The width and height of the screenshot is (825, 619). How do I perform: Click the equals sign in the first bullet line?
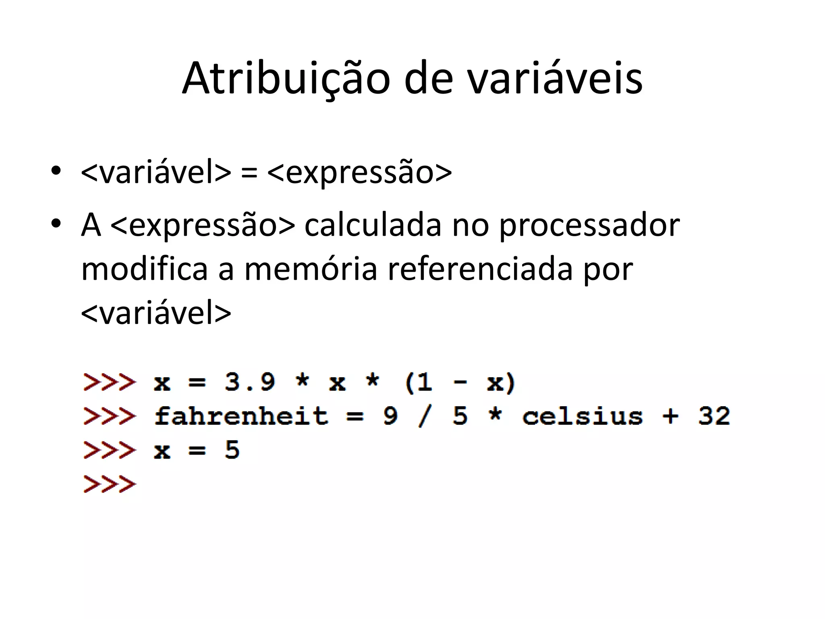[x=249, y=172]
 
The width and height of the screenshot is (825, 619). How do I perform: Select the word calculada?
[x=373, y=225]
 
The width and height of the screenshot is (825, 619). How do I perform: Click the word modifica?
[x=144, y=269]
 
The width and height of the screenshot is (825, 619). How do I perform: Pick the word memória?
[x=311, y=269]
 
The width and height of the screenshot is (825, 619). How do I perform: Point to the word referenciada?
[x=480, y=269]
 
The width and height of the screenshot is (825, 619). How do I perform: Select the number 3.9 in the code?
[x=250, y=382]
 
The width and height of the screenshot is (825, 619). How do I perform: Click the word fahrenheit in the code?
[x=241, y=416]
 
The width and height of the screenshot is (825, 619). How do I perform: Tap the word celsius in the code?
[x=582, y=416]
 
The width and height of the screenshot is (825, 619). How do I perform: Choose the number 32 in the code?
[x=714, y=416]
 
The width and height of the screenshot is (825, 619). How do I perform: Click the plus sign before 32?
[x=670, y=416]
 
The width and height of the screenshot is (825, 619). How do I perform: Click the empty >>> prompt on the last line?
[x=110, y=484]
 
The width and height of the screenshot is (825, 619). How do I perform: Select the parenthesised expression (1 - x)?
[x=460, y=382]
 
